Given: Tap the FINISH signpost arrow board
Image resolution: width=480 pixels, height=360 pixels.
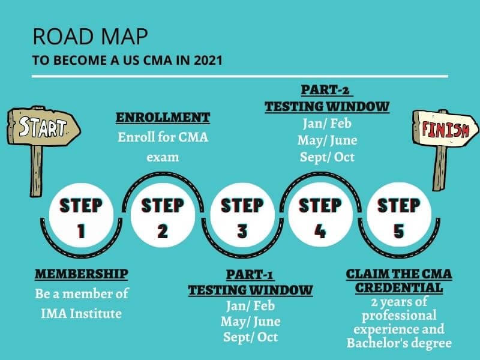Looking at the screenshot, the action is click(445, 128).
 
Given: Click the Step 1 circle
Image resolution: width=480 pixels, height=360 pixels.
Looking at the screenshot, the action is click(81, 215).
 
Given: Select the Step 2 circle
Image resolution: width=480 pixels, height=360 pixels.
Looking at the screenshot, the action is click(163, 215).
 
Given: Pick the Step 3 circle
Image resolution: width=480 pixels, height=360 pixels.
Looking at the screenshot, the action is click(242, 215).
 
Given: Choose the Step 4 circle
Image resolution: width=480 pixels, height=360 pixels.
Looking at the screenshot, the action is click(320, 215).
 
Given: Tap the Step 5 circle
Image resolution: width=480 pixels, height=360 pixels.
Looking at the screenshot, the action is click(399, 215).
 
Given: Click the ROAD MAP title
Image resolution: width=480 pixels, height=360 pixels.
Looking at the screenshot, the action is click(91, 37).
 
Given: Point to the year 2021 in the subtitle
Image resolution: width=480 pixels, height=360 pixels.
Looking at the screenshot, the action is click(208, 60).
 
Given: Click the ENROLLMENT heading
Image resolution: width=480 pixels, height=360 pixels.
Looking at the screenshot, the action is click(163, 118).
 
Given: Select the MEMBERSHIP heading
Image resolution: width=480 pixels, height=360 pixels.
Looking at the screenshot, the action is click(82, 274).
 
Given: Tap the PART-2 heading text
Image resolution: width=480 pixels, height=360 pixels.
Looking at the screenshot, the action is click(326, 90).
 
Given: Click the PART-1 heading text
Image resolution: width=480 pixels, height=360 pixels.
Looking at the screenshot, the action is click(250, 275).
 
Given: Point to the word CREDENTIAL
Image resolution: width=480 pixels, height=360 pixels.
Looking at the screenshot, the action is click(399, 288).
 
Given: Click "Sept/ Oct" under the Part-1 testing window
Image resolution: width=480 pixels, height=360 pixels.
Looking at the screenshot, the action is click(250, 337).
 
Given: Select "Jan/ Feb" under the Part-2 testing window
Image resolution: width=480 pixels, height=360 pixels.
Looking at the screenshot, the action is click(327, 124).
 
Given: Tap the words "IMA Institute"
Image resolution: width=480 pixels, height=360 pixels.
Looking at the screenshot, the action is click(81, 313).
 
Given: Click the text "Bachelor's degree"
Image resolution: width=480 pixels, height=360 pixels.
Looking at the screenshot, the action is click(399, 343).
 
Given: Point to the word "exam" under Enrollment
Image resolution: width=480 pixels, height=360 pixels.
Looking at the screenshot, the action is click(163, 157).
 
